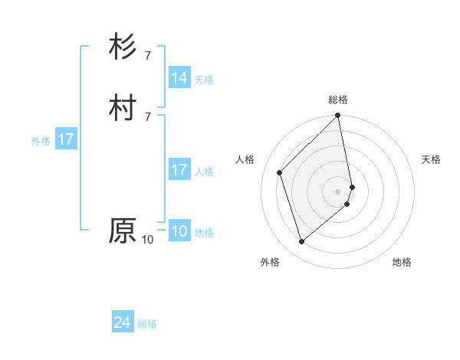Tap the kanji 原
click(123, 231)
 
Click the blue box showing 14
click(179, 78)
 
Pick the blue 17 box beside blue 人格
click(179, 170)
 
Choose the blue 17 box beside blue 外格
click(66, 139)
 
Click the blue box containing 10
click(179, 231)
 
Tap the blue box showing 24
click(123, 323)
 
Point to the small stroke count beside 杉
click(147, 56)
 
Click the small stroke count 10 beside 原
click(147, 240)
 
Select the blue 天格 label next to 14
click(204, 80)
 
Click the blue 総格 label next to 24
click(147, 325)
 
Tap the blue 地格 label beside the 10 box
click(204, 233)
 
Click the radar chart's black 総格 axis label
click(338, 100)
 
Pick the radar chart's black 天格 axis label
click(431, 159)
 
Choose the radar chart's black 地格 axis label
click(402, 263)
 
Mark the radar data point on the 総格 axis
click(338, 116)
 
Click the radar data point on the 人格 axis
click(280, 172)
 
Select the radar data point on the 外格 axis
click(302, 242)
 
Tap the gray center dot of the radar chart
click(338, 191)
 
